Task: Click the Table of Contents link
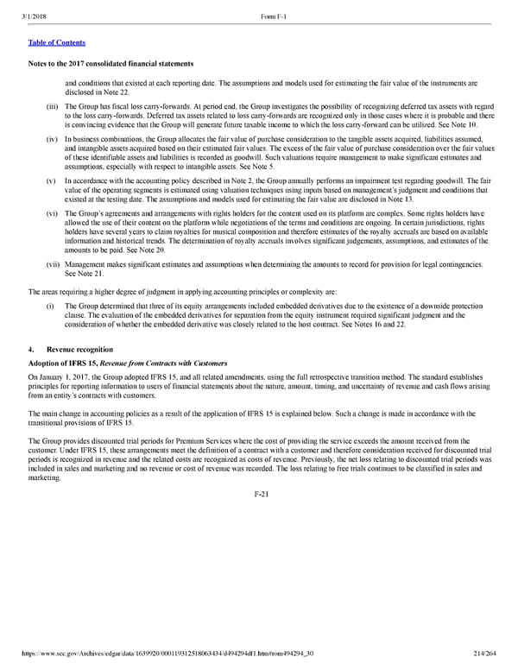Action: (56, 41)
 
